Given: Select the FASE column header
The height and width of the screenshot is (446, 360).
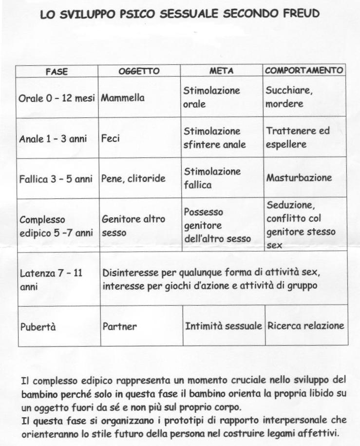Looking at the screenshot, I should [57, 71].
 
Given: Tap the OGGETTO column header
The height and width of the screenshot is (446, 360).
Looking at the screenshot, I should [139, 71].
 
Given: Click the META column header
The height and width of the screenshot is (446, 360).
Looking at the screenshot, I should [222, 71].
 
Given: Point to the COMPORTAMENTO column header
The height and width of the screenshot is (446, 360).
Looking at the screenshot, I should [304, 71].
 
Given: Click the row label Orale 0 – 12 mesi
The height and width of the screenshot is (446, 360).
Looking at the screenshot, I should [57, 98].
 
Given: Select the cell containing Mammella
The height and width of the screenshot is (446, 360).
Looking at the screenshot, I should [123, 98].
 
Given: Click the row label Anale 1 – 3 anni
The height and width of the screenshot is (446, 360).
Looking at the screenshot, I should [53, 139].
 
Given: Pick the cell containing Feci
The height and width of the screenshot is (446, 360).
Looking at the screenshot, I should [111, 139].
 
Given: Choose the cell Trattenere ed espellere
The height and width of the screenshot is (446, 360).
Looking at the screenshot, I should [298, 137].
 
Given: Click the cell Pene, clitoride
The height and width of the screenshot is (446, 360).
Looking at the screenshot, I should [133, 178].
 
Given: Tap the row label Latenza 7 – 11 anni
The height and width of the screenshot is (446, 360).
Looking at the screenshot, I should [51, 279].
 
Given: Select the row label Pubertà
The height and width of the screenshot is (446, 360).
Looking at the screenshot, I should [38, 327].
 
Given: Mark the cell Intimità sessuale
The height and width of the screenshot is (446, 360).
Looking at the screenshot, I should [224, 326].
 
